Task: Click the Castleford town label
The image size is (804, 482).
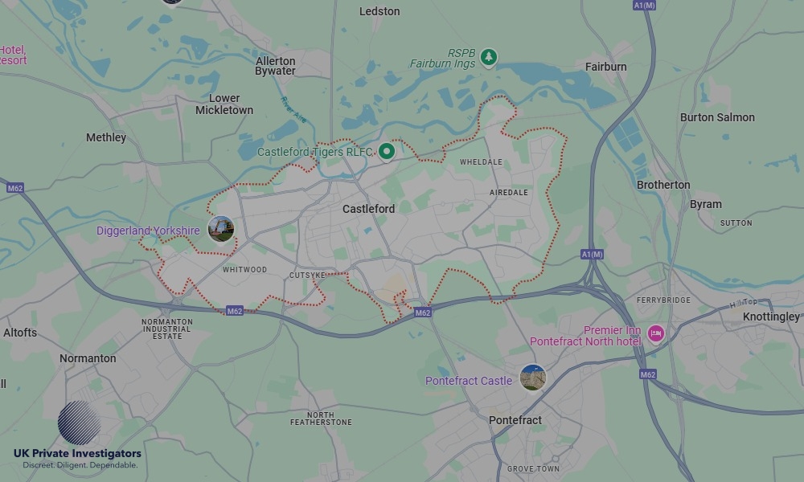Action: [368, 209]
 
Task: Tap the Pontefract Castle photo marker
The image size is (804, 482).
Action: [532, 378]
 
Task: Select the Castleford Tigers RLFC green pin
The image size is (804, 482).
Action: [387, 150]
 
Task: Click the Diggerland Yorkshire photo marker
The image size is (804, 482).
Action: [221, 229]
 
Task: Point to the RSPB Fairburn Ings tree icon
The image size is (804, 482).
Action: [488, 57]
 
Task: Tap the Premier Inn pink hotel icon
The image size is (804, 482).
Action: [656, 333]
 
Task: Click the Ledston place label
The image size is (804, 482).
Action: [379, 11]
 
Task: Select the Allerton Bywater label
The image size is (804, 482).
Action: [276, 66]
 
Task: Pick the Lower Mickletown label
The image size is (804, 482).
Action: [224, 104]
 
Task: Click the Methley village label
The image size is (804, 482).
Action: [106, 137]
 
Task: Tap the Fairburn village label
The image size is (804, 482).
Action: [606, 67]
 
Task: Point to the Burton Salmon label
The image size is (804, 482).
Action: [717, 117]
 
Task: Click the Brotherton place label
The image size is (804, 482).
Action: [663, 185]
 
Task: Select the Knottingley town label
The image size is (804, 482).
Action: [770, 317]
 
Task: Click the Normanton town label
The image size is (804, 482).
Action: [88, 358]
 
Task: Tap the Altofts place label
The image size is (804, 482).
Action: [20, 333]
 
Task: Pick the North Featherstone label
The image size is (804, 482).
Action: [321, 419]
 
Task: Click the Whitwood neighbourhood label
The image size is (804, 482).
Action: [244, 270]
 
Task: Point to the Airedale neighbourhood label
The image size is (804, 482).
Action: [509, 193]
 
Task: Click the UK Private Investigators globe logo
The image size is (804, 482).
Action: [79, 423]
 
